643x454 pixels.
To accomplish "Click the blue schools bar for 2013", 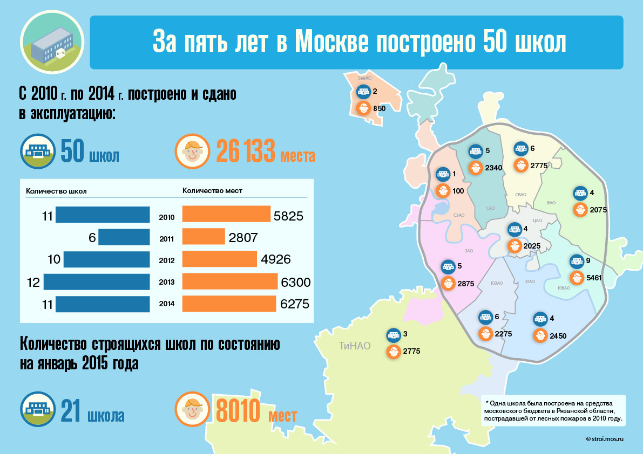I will point(97,282).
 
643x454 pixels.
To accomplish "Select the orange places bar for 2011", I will point(204,237).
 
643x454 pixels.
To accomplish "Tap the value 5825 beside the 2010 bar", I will point(288,216).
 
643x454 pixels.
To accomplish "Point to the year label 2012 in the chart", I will point(166,260).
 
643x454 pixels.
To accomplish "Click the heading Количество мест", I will point(212,190).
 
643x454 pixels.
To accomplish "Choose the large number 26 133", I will point(246,152).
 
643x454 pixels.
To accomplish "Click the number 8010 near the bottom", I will point(238,412).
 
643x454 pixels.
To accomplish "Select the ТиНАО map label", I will point(355,346).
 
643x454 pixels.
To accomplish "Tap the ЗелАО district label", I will point(364,79).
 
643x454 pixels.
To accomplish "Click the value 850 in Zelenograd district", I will point(379,108).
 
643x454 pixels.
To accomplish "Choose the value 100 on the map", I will point(458,190).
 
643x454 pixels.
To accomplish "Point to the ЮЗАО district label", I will point(497,283).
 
